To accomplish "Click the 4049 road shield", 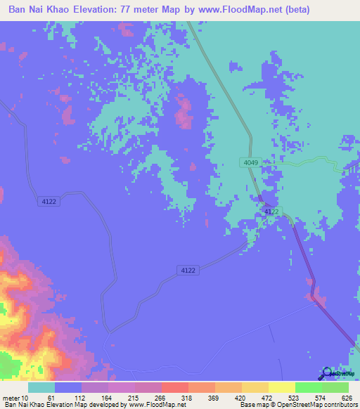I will click(250, 162).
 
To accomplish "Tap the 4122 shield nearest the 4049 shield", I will click(271, 212).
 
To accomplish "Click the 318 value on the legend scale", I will click(186, 398).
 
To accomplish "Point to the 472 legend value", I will click(266, 398).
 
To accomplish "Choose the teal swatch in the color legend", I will click(41, 387).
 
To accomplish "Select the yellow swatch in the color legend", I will click(282, 387).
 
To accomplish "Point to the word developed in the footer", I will click(101, 405).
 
